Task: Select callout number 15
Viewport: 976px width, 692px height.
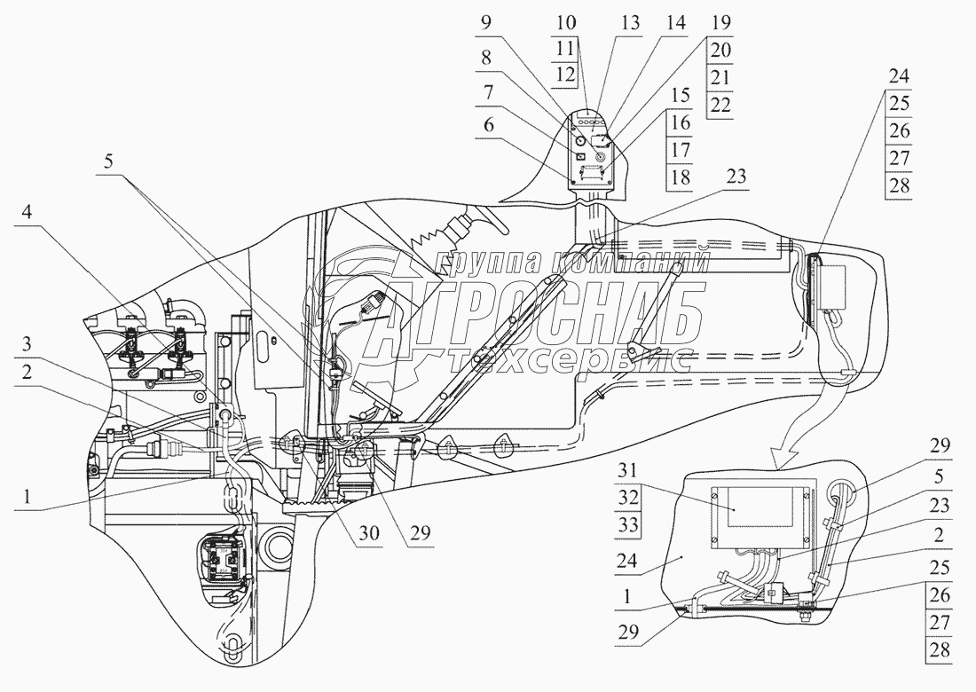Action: coord(680,95)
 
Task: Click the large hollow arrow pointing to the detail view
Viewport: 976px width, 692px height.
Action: coord(803,426)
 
